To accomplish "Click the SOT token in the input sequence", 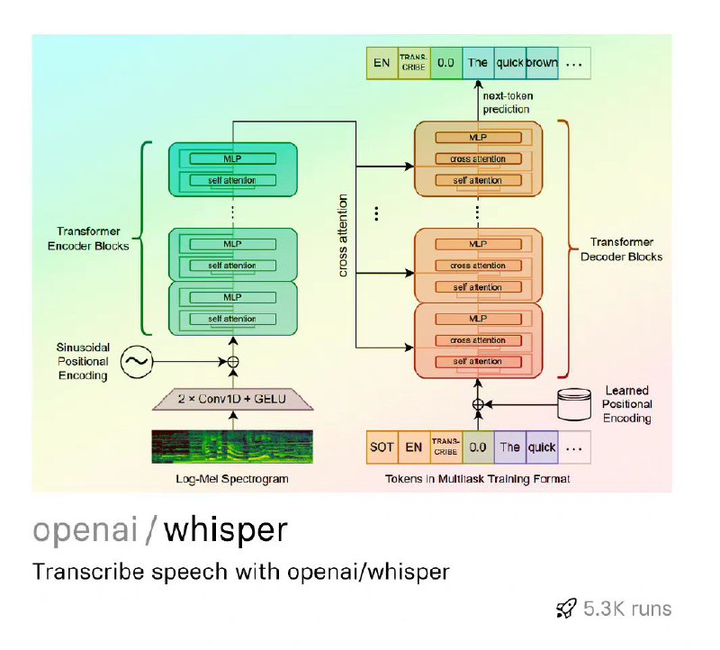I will [x=382, y=447].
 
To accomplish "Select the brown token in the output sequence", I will [x=542, y=63].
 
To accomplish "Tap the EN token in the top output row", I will [x=381, y=63].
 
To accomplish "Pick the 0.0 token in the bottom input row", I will [x=477, y=447].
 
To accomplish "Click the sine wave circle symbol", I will [x=138, y=362].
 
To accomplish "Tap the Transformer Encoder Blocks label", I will [x=93, y=239].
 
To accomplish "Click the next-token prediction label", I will [x=506, y=103].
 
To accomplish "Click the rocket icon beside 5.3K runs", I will [x=566, y=609].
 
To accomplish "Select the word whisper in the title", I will [x=226, y=529].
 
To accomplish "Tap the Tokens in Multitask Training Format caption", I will [x=477, y=479].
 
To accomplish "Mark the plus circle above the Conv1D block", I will [x=233, y=362].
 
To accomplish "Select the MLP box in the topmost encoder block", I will [x=233, y=158].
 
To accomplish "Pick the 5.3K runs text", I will [x=627, y=609].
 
